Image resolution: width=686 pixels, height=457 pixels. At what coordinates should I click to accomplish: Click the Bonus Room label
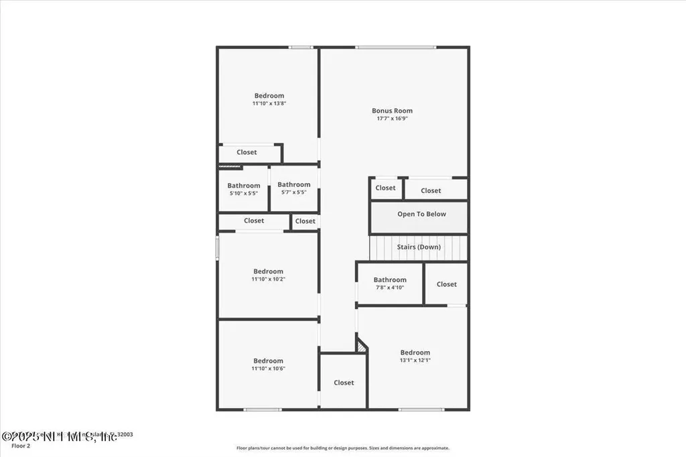pyautogui.click(x=392, y=111)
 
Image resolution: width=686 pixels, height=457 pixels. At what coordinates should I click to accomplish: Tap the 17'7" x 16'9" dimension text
pyautogui.click(x=392, y=119)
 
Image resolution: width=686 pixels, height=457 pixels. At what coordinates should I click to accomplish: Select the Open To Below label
pyautogui.click(x=421, y=214)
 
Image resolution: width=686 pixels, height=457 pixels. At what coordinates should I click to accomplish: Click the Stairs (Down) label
pyautogui.click(x=419, y=247)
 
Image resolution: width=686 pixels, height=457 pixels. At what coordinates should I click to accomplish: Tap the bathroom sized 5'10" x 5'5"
pyautogui.click(x=243, y=189)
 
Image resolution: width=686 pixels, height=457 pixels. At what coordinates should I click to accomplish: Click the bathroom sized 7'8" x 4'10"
pyautogui.click(x=390, y=283)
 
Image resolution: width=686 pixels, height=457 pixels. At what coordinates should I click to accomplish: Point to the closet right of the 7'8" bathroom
pyautogui.click(x=446, y=284)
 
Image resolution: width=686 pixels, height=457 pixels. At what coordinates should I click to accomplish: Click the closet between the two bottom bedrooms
pyautogui.click(x=344, y=382)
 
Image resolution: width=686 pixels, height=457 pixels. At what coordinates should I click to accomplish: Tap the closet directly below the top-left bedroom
pyautogui.click(x=247, y=153)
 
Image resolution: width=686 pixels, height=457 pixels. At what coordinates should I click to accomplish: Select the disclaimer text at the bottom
pyautogui.click(x=342, y=448)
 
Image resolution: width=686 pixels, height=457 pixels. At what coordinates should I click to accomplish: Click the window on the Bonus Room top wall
pyautogui.click(x=395, y=47)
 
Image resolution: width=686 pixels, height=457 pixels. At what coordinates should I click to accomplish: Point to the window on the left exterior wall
pyautogui.click(x=217, y=247)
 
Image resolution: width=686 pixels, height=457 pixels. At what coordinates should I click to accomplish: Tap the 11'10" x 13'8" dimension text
pyautogui.click(x=269, y=104)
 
